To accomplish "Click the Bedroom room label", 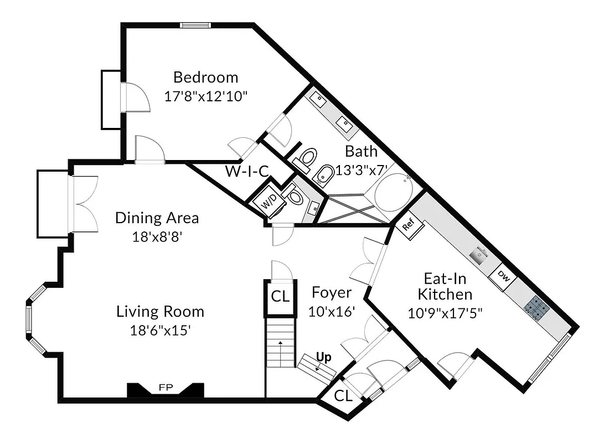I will tap(205, 77).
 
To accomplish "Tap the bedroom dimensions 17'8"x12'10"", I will tap(205, 96).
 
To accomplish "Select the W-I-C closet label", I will tap(246, 171).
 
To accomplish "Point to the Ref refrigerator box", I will tap(409, 226).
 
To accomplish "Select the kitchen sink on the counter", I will tap(477, 255).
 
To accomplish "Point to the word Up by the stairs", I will tap(324, 357).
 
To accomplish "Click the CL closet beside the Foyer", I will tap(280, 296).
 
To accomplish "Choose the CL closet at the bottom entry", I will tap(343, 396).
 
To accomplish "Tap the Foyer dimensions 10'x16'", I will tap(332, 311).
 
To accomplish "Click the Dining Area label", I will tap(157, 218).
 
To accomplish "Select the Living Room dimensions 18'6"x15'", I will tap(160, 331).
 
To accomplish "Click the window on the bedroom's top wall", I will tap(195, 25).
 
